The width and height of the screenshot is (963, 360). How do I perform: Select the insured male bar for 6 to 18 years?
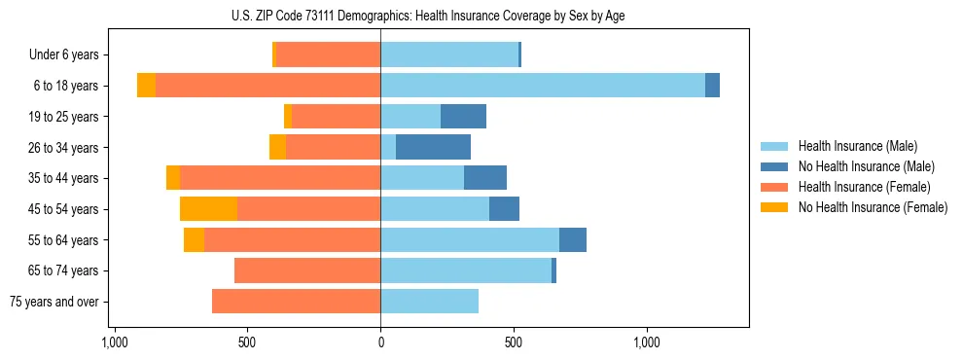(542, 86)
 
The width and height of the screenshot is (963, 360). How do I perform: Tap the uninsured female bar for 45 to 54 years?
(208, 208)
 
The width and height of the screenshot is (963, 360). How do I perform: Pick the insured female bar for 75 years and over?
(296, 302)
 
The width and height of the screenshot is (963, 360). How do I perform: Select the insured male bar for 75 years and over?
(429, 302)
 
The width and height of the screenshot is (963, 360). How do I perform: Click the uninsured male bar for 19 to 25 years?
(463, 117)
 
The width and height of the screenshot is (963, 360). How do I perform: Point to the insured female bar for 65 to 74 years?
(307, 270)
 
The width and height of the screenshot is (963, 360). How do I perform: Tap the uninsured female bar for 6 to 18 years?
(146, 86)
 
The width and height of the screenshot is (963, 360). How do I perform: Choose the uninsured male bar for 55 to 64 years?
(573, 239)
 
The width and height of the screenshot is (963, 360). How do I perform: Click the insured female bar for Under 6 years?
(328, 54)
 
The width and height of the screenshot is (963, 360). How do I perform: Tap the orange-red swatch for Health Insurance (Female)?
(774, 187)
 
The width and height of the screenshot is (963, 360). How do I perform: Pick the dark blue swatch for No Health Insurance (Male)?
(774, 166)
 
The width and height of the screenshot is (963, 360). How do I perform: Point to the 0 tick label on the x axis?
(380, 342)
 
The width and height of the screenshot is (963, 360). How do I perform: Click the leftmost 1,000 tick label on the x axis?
(114, 342)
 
